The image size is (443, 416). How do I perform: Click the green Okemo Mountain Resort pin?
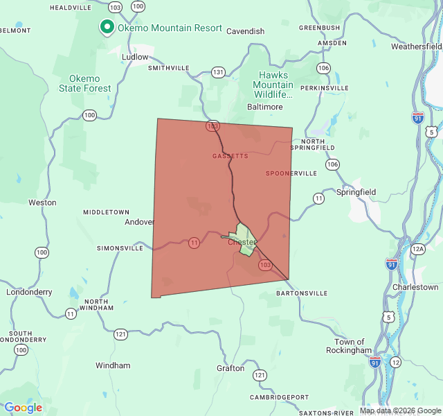[x=107, y=27]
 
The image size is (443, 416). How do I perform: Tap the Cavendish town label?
[x=246, y=31]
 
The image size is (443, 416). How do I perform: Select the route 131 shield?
[x=219, y=72]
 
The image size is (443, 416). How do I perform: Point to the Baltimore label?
[x=265, y=107]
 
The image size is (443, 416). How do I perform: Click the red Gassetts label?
[x=230, y=156]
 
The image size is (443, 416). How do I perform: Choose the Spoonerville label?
[x=291, y=173]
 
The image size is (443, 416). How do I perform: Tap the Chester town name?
[x=242, y=242]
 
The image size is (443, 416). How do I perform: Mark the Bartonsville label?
[x=302, y=293]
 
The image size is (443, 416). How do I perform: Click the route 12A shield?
[x=417, y=249]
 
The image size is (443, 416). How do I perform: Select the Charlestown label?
[x=415, y=287]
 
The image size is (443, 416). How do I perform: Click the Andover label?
[x=139, y=223]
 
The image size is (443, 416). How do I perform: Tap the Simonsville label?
[x=120, y=248]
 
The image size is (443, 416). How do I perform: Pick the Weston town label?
[x=42, y=202]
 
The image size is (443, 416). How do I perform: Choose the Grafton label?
[x=230, y=368]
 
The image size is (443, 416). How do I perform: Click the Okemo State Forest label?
[x=84, y=83]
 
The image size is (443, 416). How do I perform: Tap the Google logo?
[x=23, y=408]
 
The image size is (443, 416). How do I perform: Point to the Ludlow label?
[x=135, y=57]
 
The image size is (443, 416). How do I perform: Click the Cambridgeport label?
[x=280, y=397]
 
